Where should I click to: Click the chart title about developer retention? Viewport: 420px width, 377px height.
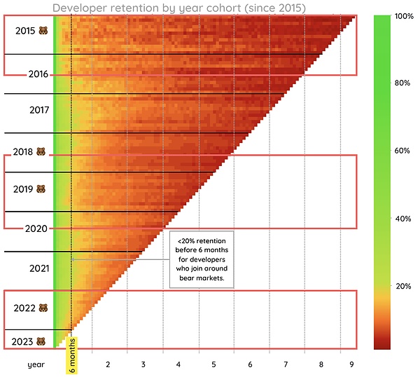pos(179,8)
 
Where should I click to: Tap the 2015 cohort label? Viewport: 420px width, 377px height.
pos(25,32)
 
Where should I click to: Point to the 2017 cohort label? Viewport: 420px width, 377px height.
pos(39,110)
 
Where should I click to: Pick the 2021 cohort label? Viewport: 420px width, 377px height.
pos(39,268)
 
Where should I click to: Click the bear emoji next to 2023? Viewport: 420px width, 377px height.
pos(41,343)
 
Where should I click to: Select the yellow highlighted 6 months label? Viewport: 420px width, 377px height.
pos(73,356)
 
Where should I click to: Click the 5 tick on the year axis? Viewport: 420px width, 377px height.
pos(213,365)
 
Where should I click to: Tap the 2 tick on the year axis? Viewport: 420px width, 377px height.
pos(108,365)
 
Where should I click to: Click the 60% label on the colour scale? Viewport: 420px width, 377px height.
pos(402,151)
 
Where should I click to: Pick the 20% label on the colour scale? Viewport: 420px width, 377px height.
pos(402,287)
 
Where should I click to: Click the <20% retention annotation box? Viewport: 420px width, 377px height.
pos(202,259)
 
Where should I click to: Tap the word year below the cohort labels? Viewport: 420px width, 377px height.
pos(36,365)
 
